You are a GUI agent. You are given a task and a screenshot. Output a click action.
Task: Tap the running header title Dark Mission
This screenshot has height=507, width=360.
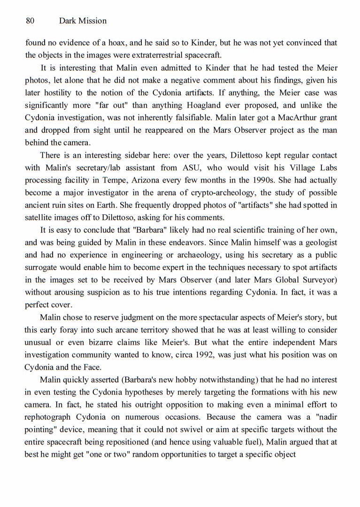point(83,21)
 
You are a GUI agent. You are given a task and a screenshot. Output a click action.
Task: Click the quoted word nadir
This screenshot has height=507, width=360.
point(325,417)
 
